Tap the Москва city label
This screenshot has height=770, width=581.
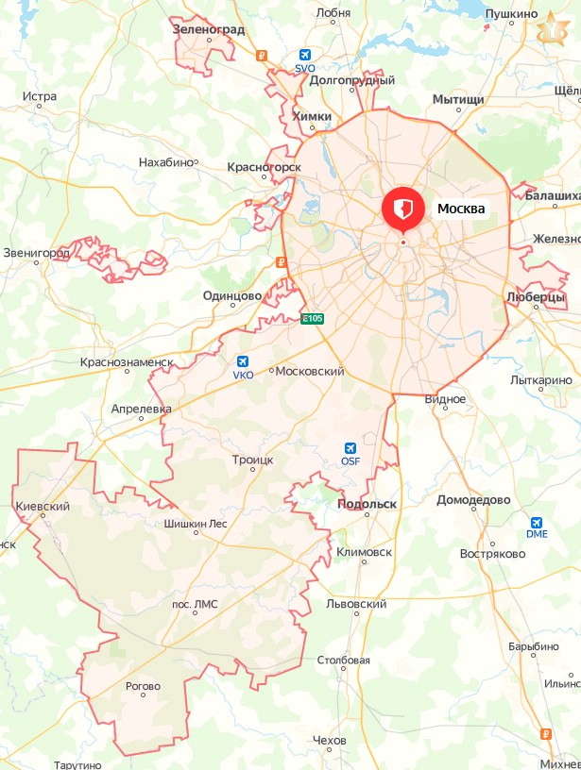(461, 209)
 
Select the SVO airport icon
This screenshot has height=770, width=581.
(304, 56)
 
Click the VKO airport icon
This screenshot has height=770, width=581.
(244, 361)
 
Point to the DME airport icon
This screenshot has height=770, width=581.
(537, 522)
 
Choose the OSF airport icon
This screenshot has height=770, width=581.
(350, 448)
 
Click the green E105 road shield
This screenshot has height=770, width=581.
(312, 319)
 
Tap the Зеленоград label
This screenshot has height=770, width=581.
(210, 29)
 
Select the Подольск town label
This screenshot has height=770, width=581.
(367, 504)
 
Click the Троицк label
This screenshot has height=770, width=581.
(252, 460)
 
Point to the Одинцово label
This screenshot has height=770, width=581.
(232, 295)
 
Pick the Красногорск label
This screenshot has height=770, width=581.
(264, 167)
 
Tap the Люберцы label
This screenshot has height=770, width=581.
(536, 296)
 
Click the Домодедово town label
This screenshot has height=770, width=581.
(473, 500)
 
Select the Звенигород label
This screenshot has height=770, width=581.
(36, 253)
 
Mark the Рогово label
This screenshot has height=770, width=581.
(143, 686)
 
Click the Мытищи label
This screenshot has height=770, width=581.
(458, 99)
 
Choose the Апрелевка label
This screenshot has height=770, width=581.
(141, 410)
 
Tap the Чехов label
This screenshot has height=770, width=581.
(329, 740)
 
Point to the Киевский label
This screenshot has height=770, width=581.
(43, 507)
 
